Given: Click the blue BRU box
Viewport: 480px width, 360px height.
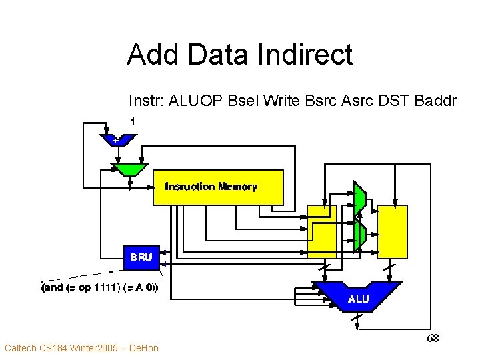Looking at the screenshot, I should pos(141,257).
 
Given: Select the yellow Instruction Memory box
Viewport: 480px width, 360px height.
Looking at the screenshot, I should pos(218,187).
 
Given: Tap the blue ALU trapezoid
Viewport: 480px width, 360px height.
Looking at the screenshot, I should pos(358,297).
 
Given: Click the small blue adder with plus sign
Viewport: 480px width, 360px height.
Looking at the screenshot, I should pos(117,140).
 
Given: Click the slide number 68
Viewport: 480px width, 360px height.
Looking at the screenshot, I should pos(433,339).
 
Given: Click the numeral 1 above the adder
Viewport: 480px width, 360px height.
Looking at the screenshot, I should pos(133,121).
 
